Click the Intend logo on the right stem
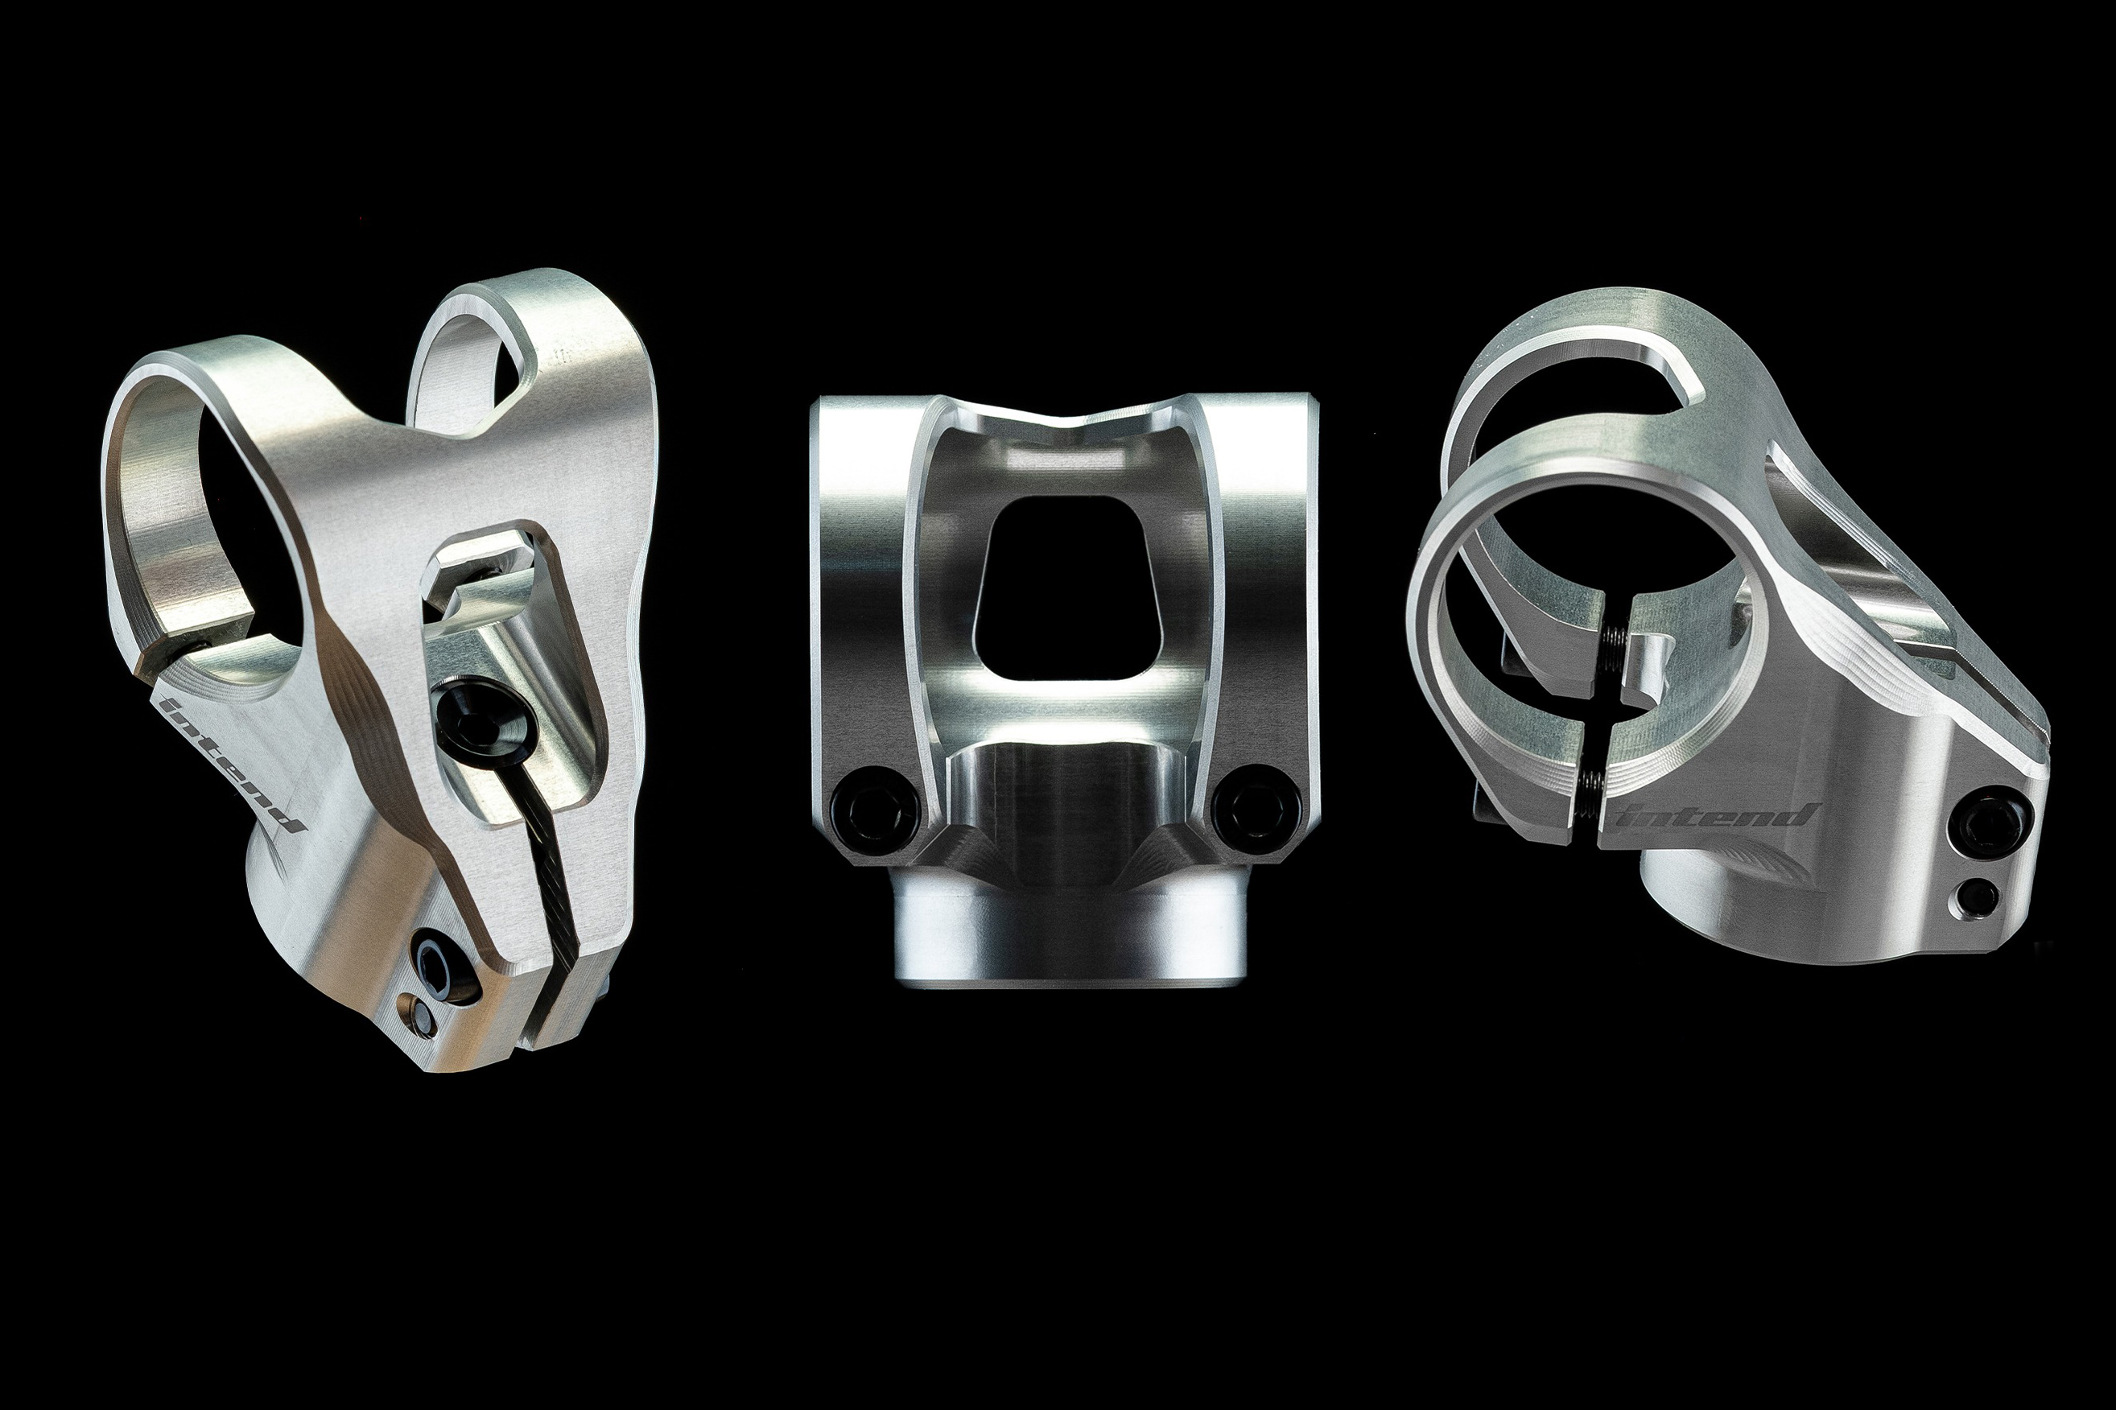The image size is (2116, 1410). click(1717, 815)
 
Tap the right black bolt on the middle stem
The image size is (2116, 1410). click(1256, 805)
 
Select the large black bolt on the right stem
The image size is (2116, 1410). click(1993, 821)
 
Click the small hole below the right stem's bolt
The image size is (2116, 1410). click(1978, 896)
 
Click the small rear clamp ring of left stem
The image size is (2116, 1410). click(468, 360)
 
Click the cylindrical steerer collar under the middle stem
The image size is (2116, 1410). click(1061, 935)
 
